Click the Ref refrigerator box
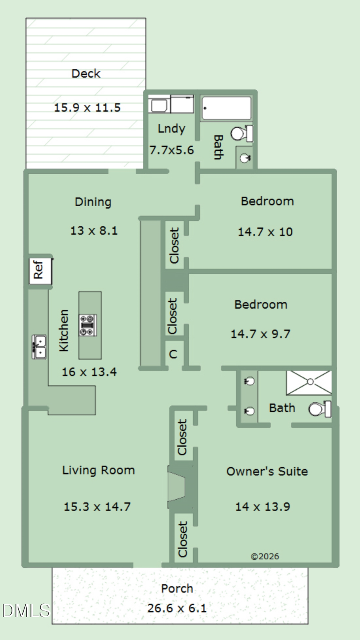tap(41, 271)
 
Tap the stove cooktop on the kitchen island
tap(88, 325)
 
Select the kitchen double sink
tap(39, 347)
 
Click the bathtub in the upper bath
tap(226, 108)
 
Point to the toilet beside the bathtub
tap(242, 133)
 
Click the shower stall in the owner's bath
tap(309, 383)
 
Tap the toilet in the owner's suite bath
tap(320, 409)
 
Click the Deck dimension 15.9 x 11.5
tap(87, 108)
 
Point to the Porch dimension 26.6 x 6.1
tap(177, 608)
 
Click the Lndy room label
tap(172, 129)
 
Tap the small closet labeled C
tap(173, 354)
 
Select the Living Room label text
tap(98, 470)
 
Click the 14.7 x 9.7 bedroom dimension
tap(260, 334)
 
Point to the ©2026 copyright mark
tap(265, 556)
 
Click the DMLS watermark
tap(26, 610)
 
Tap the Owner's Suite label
tap(267, 471)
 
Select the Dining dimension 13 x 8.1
tap(94, 231)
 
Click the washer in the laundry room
tap(159, 105)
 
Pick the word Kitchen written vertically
tap(64, 330)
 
